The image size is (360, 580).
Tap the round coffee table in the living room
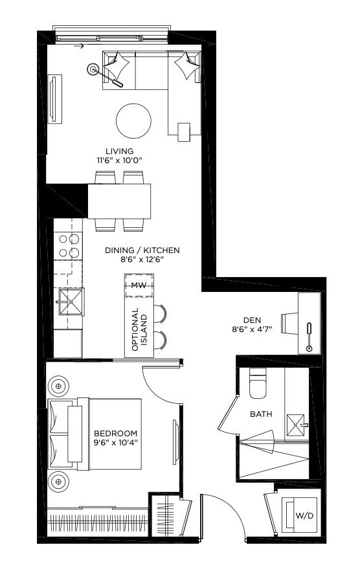coord(133,120)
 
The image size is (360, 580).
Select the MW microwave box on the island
coord(139,285)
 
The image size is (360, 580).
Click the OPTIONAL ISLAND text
coord(140,329)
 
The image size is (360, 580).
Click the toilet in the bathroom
coord(258,383)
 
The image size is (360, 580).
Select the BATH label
coord(261,414)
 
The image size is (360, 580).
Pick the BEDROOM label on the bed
coord(116,433)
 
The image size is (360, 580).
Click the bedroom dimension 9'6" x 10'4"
coord(116,443)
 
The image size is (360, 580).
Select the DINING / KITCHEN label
coord(142,250)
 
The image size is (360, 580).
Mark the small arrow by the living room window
coord(78,47)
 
